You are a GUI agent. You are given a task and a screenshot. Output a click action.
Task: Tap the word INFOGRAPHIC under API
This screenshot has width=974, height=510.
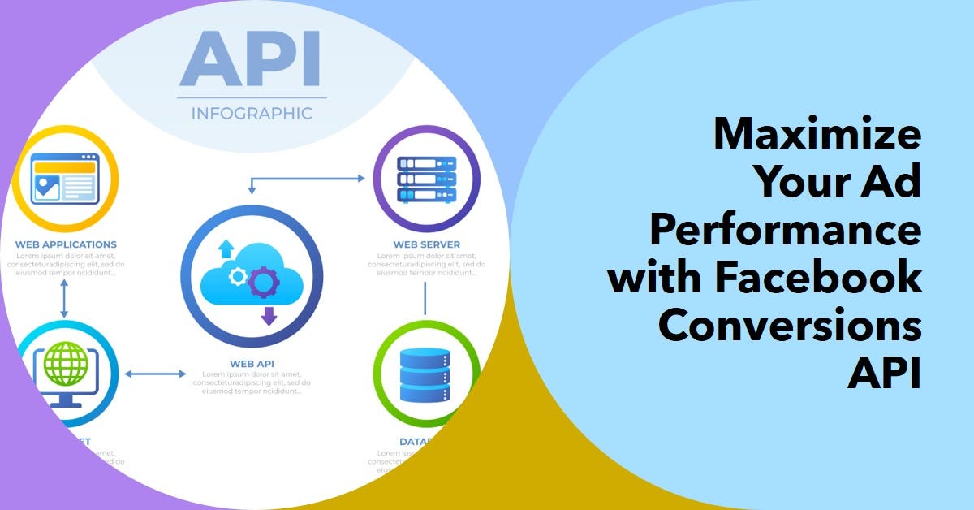[252, 113]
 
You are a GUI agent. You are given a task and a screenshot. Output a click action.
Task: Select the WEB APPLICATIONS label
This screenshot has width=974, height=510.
[66, 244]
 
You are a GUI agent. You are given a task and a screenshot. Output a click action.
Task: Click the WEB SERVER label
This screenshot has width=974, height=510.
[426, 244]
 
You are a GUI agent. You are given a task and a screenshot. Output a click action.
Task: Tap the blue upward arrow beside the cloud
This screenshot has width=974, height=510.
[226, 247]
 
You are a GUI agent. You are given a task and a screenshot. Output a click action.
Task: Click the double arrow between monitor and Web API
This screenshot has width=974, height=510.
[156, 374]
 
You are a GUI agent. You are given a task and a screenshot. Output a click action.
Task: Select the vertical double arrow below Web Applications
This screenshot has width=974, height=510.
[63, 300]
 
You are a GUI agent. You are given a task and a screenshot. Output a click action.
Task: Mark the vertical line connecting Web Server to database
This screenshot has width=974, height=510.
[425, 300]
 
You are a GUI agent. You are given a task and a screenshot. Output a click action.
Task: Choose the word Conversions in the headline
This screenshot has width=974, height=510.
[790, 326]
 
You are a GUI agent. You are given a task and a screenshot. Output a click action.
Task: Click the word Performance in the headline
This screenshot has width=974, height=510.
[785, 231]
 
